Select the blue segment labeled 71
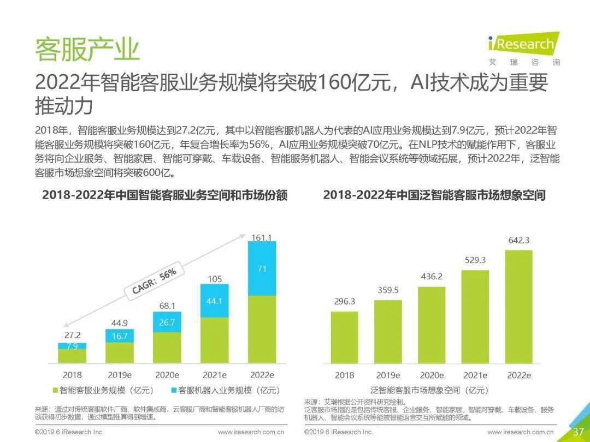coord(262,268)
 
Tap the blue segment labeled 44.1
coord(215,301)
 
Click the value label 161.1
coord(262,237)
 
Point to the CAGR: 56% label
coord(154,282)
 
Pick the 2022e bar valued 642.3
coord(519,307)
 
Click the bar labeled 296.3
coord(345,338)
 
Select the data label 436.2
coord(432,277)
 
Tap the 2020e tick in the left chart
coord(167,375)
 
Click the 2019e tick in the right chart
coord(388,375)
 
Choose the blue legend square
coord(174,391)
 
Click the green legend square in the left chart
coord(55,391)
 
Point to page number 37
coord(579,432)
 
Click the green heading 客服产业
coord(87,49)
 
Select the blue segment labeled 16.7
coord(120,336)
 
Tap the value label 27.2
coord(72,335)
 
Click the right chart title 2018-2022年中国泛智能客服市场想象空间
coord(434,195)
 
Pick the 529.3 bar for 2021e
coord(475,317)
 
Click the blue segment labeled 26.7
coord(167,322)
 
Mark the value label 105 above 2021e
coord(215,279)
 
